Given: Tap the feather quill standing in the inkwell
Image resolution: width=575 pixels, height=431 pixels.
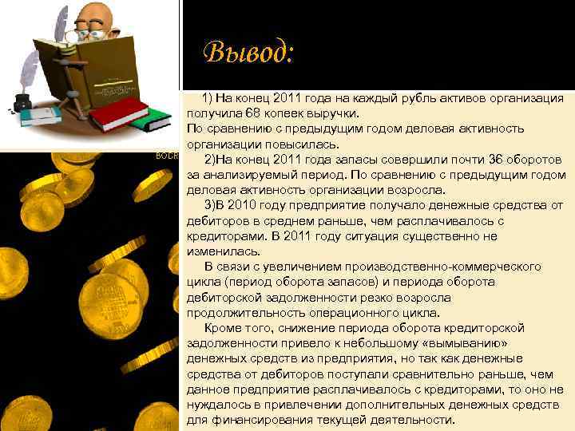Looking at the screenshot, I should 30,72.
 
